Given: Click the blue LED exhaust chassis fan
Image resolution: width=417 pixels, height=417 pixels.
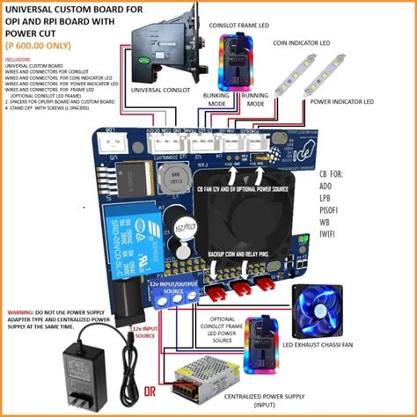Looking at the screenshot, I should [319, 311].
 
